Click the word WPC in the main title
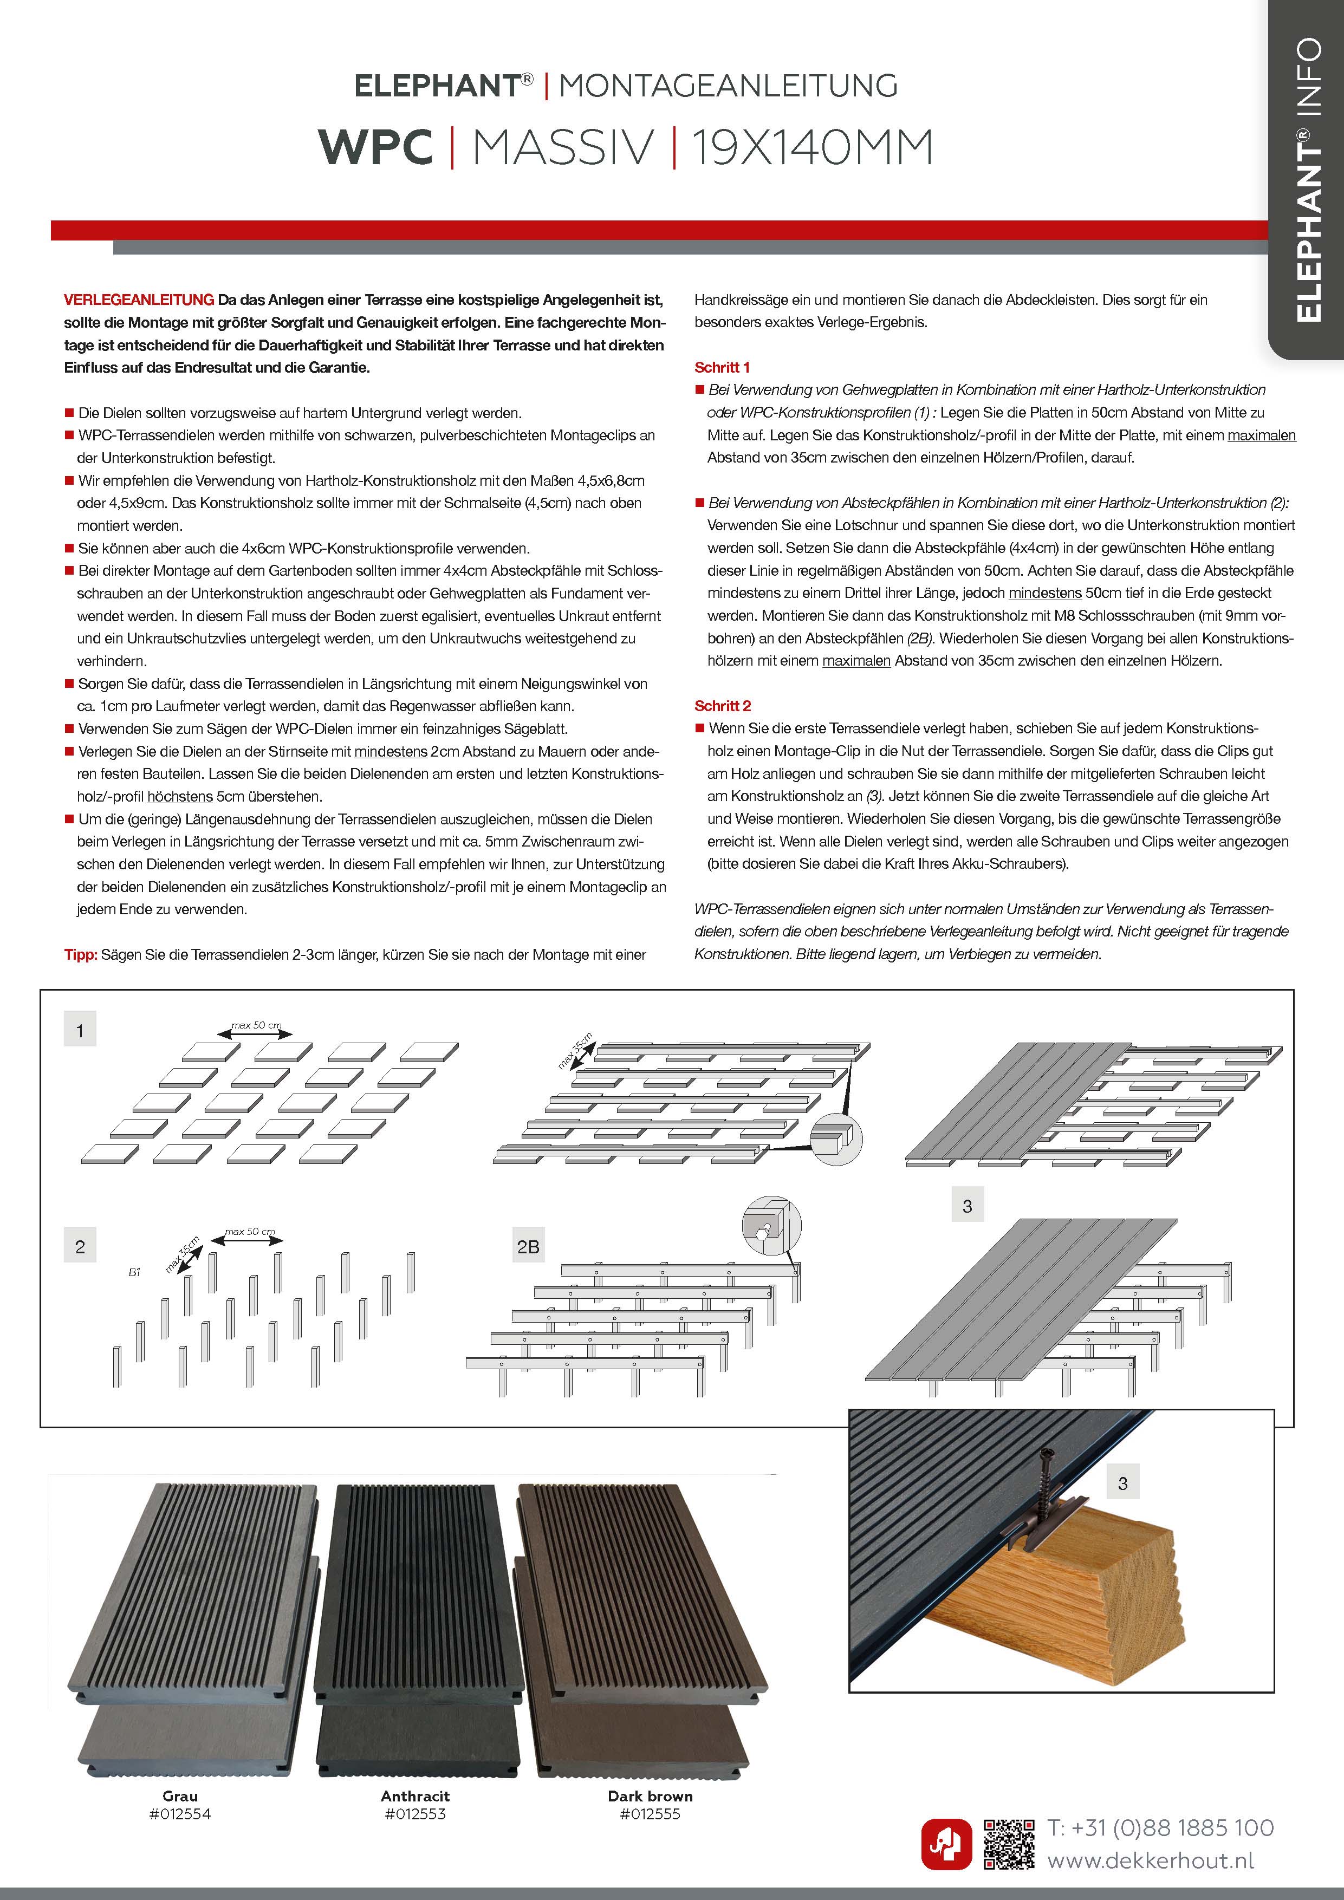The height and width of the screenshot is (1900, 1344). coord(376,148)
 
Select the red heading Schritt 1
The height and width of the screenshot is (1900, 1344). coord(722,367)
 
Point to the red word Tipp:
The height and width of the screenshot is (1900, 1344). coord(81,954)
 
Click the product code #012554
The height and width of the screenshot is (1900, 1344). coord(180,1814)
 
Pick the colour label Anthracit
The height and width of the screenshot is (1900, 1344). coord(415,1795)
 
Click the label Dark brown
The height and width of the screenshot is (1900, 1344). coord(650,1795)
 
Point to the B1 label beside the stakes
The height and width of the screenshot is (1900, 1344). coord(134,1272)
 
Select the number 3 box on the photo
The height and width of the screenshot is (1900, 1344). coord(1122,1483)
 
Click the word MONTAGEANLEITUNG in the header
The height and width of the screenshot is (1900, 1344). coord(728,85)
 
